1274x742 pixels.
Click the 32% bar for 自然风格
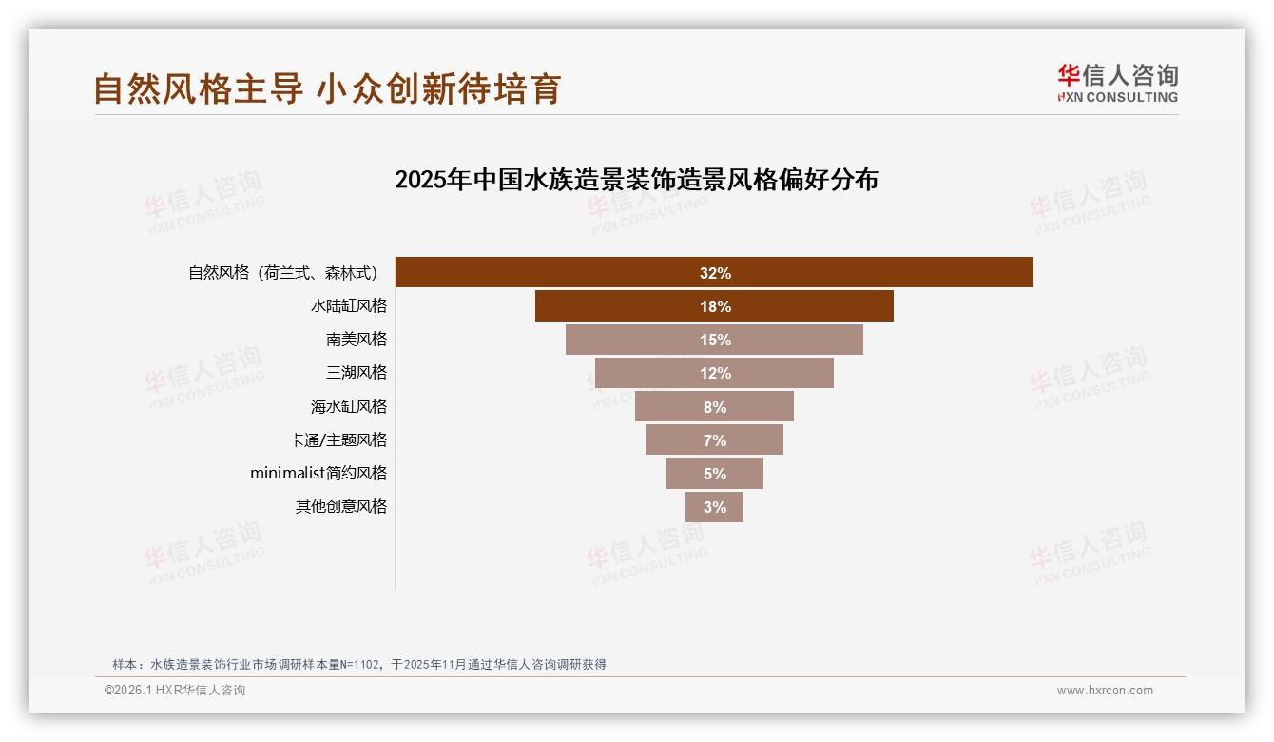[x=714, y=273]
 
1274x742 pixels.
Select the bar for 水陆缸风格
[x=714, y=306]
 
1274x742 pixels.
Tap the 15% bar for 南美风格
[x=714, y=340]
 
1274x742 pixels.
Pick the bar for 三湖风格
[x=714, y=373]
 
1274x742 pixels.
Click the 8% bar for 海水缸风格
[x=714, y=407]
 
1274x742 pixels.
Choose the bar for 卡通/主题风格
[x=714, y=440]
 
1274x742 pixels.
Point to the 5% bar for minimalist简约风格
[x=714, y=474]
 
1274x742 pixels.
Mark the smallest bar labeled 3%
[x=714, y=507]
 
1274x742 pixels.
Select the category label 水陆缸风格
[x=349, y=306]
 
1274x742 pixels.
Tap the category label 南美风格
[x=357, y=340]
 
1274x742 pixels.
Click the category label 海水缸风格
[x=349, y=406]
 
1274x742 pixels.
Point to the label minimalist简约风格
[x=318, y=473]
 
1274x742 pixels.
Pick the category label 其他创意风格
[x=341, y=506]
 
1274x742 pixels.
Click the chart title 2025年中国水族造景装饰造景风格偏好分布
[x=636, y=180]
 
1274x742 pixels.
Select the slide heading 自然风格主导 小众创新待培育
[x=327, y=88]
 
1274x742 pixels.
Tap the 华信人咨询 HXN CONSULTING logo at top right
[x=1117, y=84]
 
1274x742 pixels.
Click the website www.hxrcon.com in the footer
[x=1105, y=691]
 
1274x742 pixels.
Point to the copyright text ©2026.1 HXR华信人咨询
[x=175, y=691]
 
